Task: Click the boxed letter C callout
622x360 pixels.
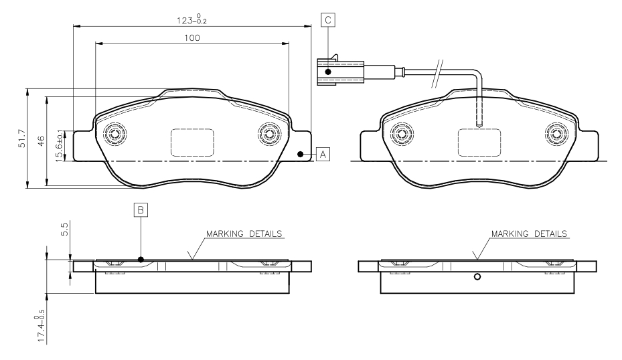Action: click(x=328, y=20)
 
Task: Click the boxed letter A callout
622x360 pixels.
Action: click(x=323, y=154)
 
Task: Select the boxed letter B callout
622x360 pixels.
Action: click(x=141, y=210)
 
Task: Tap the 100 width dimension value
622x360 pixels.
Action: click(x=192, y=38)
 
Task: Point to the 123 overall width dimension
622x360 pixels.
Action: click(x=192, y=19)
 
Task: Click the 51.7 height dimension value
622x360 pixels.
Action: click(x=22, y=139)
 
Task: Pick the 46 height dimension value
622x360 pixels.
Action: click(x=42, y=141)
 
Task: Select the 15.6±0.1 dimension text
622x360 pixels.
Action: click(x=59, y=145)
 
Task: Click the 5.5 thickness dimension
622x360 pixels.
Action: click(x=65, y=229)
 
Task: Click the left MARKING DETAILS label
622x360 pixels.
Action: click(x=244, y=234)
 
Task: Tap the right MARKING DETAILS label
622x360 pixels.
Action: click(x=529, y=234)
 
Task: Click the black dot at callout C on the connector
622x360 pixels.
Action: click(x=328, y=72)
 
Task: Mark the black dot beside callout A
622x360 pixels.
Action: click(x=301, y=154)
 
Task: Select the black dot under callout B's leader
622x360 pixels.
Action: click(x=141, y=260)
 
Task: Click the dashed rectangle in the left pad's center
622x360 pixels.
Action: click(x=192, y=143)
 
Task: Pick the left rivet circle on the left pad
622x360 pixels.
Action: click(x=114, y=134)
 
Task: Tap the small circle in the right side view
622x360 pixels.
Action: click(x=477, y=277)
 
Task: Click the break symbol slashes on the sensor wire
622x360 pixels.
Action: click(x=437, y=74)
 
